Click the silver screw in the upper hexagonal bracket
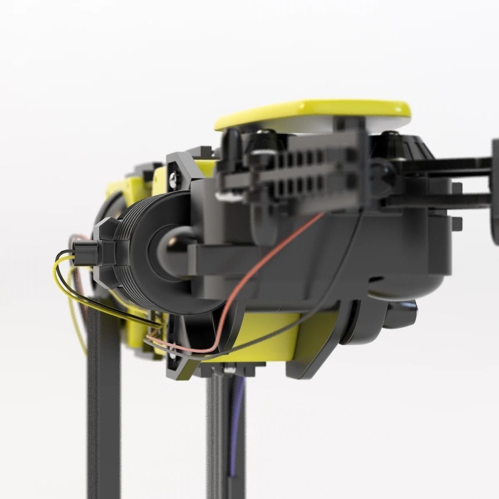pyautogui.click(x=174, y=180)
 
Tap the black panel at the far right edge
pyautogui.click(x=495, y=191)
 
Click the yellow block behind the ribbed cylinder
pyautogui.click(x=125, y=191)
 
